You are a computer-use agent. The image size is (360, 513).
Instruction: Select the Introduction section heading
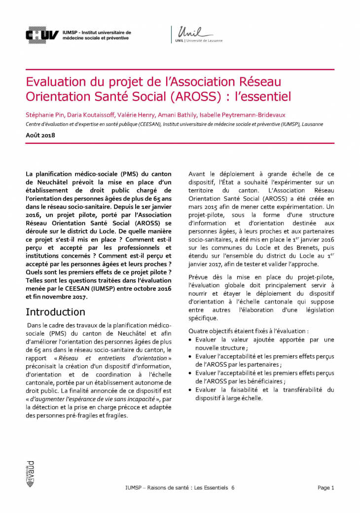point(55,312)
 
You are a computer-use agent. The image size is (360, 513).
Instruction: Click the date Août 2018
point(40,135)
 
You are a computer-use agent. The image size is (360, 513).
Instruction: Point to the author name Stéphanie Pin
point(44,115)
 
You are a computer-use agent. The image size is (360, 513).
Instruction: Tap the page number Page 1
point(326,487)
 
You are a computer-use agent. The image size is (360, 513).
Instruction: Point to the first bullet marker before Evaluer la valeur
point(191,340)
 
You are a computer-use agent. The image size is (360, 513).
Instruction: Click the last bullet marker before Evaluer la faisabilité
point(191,390)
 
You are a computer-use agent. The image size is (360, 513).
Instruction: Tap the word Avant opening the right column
point(199,173)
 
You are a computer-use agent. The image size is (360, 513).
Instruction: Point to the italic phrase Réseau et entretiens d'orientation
point(126,358)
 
